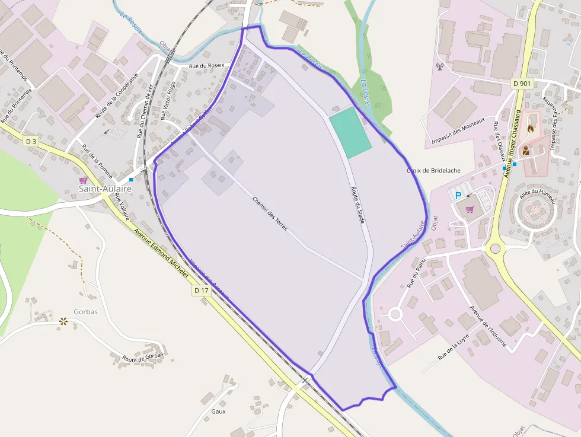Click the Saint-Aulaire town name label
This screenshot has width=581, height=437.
[106, 189]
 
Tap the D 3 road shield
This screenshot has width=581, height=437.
[31, 141]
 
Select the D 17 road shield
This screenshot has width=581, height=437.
[201, 291]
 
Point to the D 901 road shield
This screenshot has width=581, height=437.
[521, 84]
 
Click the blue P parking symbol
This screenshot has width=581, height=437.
[458, 195]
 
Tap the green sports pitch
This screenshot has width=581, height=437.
[350, 132]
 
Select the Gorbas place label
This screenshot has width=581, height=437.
[85, 311]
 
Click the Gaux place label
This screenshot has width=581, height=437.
[218, 411]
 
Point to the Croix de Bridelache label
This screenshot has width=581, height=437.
[433, 170]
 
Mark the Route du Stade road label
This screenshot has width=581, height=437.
[357, 205]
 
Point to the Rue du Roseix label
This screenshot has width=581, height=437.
[206, 65]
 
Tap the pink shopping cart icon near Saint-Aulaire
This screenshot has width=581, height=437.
[83, 180]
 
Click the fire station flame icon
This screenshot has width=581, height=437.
[530, 127]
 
